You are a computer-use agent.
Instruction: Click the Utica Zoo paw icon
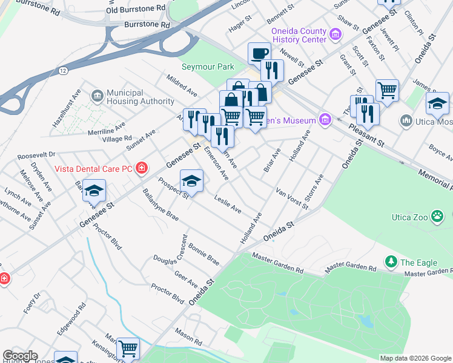click(437, 217)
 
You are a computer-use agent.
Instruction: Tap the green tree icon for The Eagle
click(391, 262)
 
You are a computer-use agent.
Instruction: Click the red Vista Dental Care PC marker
click(141, 168)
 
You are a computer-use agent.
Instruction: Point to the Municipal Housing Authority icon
click(97, 96)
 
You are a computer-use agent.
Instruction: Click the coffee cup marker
click(259, 53)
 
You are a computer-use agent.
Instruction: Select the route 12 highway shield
click(63, 71)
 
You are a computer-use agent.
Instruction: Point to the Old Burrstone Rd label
click(136, 10)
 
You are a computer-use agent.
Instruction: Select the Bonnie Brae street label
click(203, 254)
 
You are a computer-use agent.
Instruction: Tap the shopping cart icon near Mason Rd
click(128, 348)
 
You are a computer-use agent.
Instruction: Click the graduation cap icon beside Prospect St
click(191, 181)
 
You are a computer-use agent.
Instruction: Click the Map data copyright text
click(415, 358)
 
